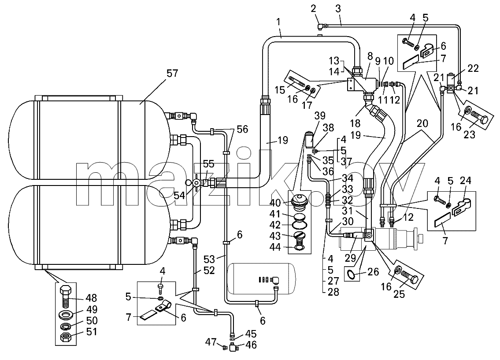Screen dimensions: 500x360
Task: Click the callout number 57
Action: pyautogui.click(x=172, y=74)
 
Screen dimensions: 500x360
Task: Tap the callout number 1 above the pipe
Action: pyautogui.click(x=278, y=22)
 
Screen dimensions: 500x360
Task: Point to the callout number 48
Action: pyautogui.click(x=92, y=298)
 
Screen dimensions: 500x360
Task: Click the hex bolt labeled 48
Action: pyautogui.click(x=66, y=296)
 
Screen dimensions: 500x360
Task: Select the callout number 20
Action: pyautogui.click(x=422, y=123)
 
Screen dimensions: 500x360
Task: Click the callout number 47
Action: pyautogui.click(x=211, y=342)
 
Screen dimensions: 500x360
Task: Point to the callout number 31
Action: pyautogui.click(x=347, y=211)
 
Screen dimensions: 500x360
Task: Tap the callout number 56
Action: pyautogui.click(x=243, y=129)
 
